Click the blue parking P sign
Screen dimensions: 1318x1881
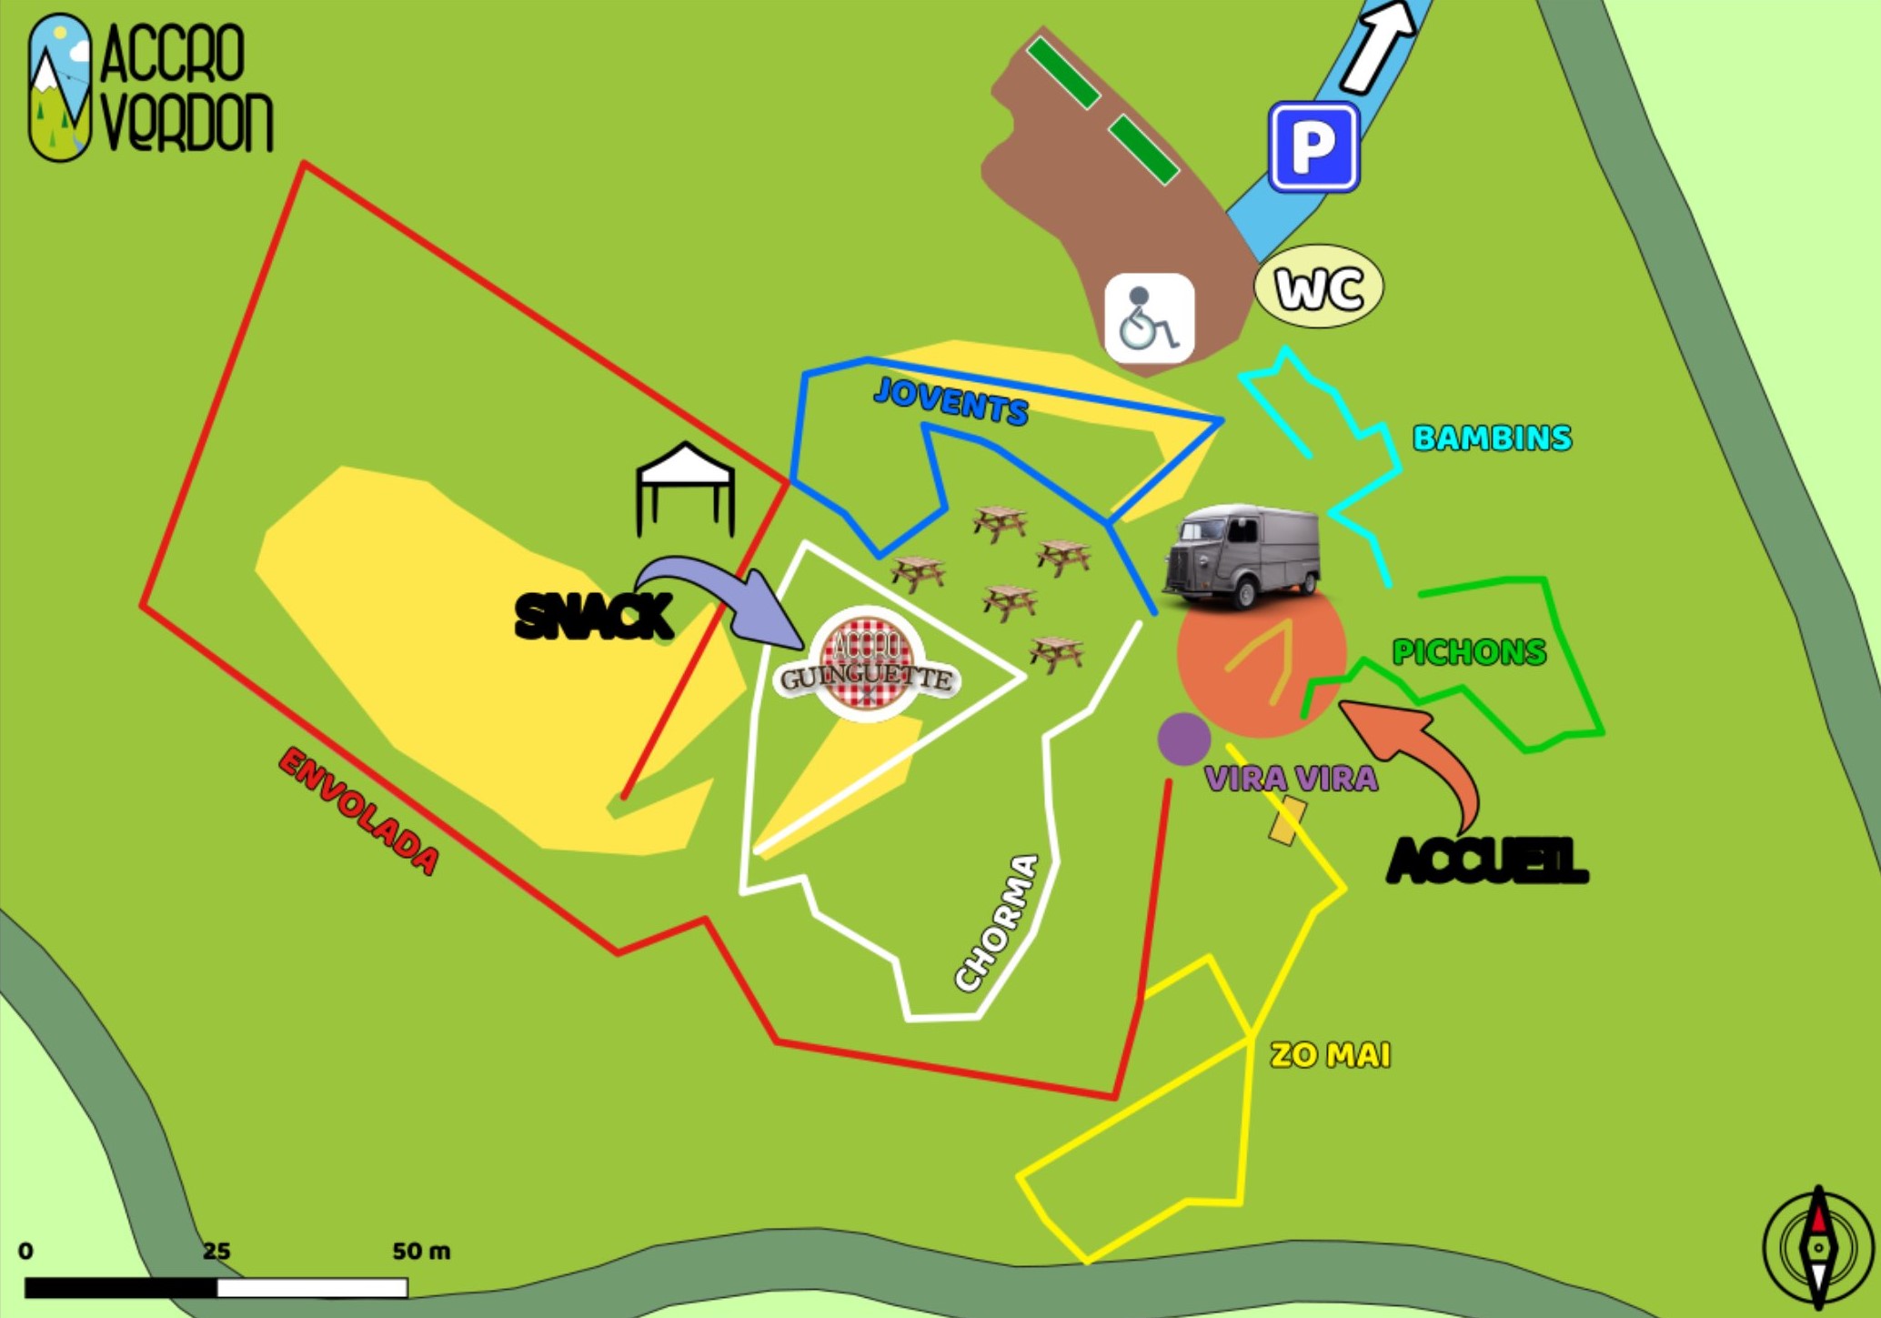click(1313, 146)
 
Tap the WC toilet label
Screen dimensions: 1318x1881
click(1318, 287)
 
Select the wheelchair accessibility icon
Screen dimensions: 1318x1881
click(1149, 318)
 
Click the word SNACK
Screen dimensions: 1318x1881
click(592, 617)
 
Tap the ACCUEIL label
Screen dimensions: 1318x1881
click(1488, 861)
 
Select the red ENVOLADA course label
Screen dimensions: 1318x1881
click(359, 810)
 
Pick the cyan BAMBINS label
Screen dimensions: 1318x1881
click(1492, 438)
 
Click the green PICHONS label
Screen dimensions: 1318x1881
click(1469, 652)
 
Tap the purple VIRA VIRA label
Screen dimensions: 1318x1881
click(1291, 779)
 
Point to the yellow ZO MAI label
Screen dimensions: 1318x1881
click(1330, 1055)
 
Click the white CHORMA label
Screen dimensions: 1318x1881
click(997, 922)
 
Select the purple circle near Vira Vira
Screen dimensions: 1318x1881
click(1183, 739)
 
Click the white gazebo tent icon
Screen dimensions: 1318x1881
click(685, 488)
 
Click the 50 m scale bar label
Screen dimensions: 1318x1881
click(421, 1252)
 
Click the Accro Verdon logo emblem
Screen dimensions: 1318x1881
click(60, 87)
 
